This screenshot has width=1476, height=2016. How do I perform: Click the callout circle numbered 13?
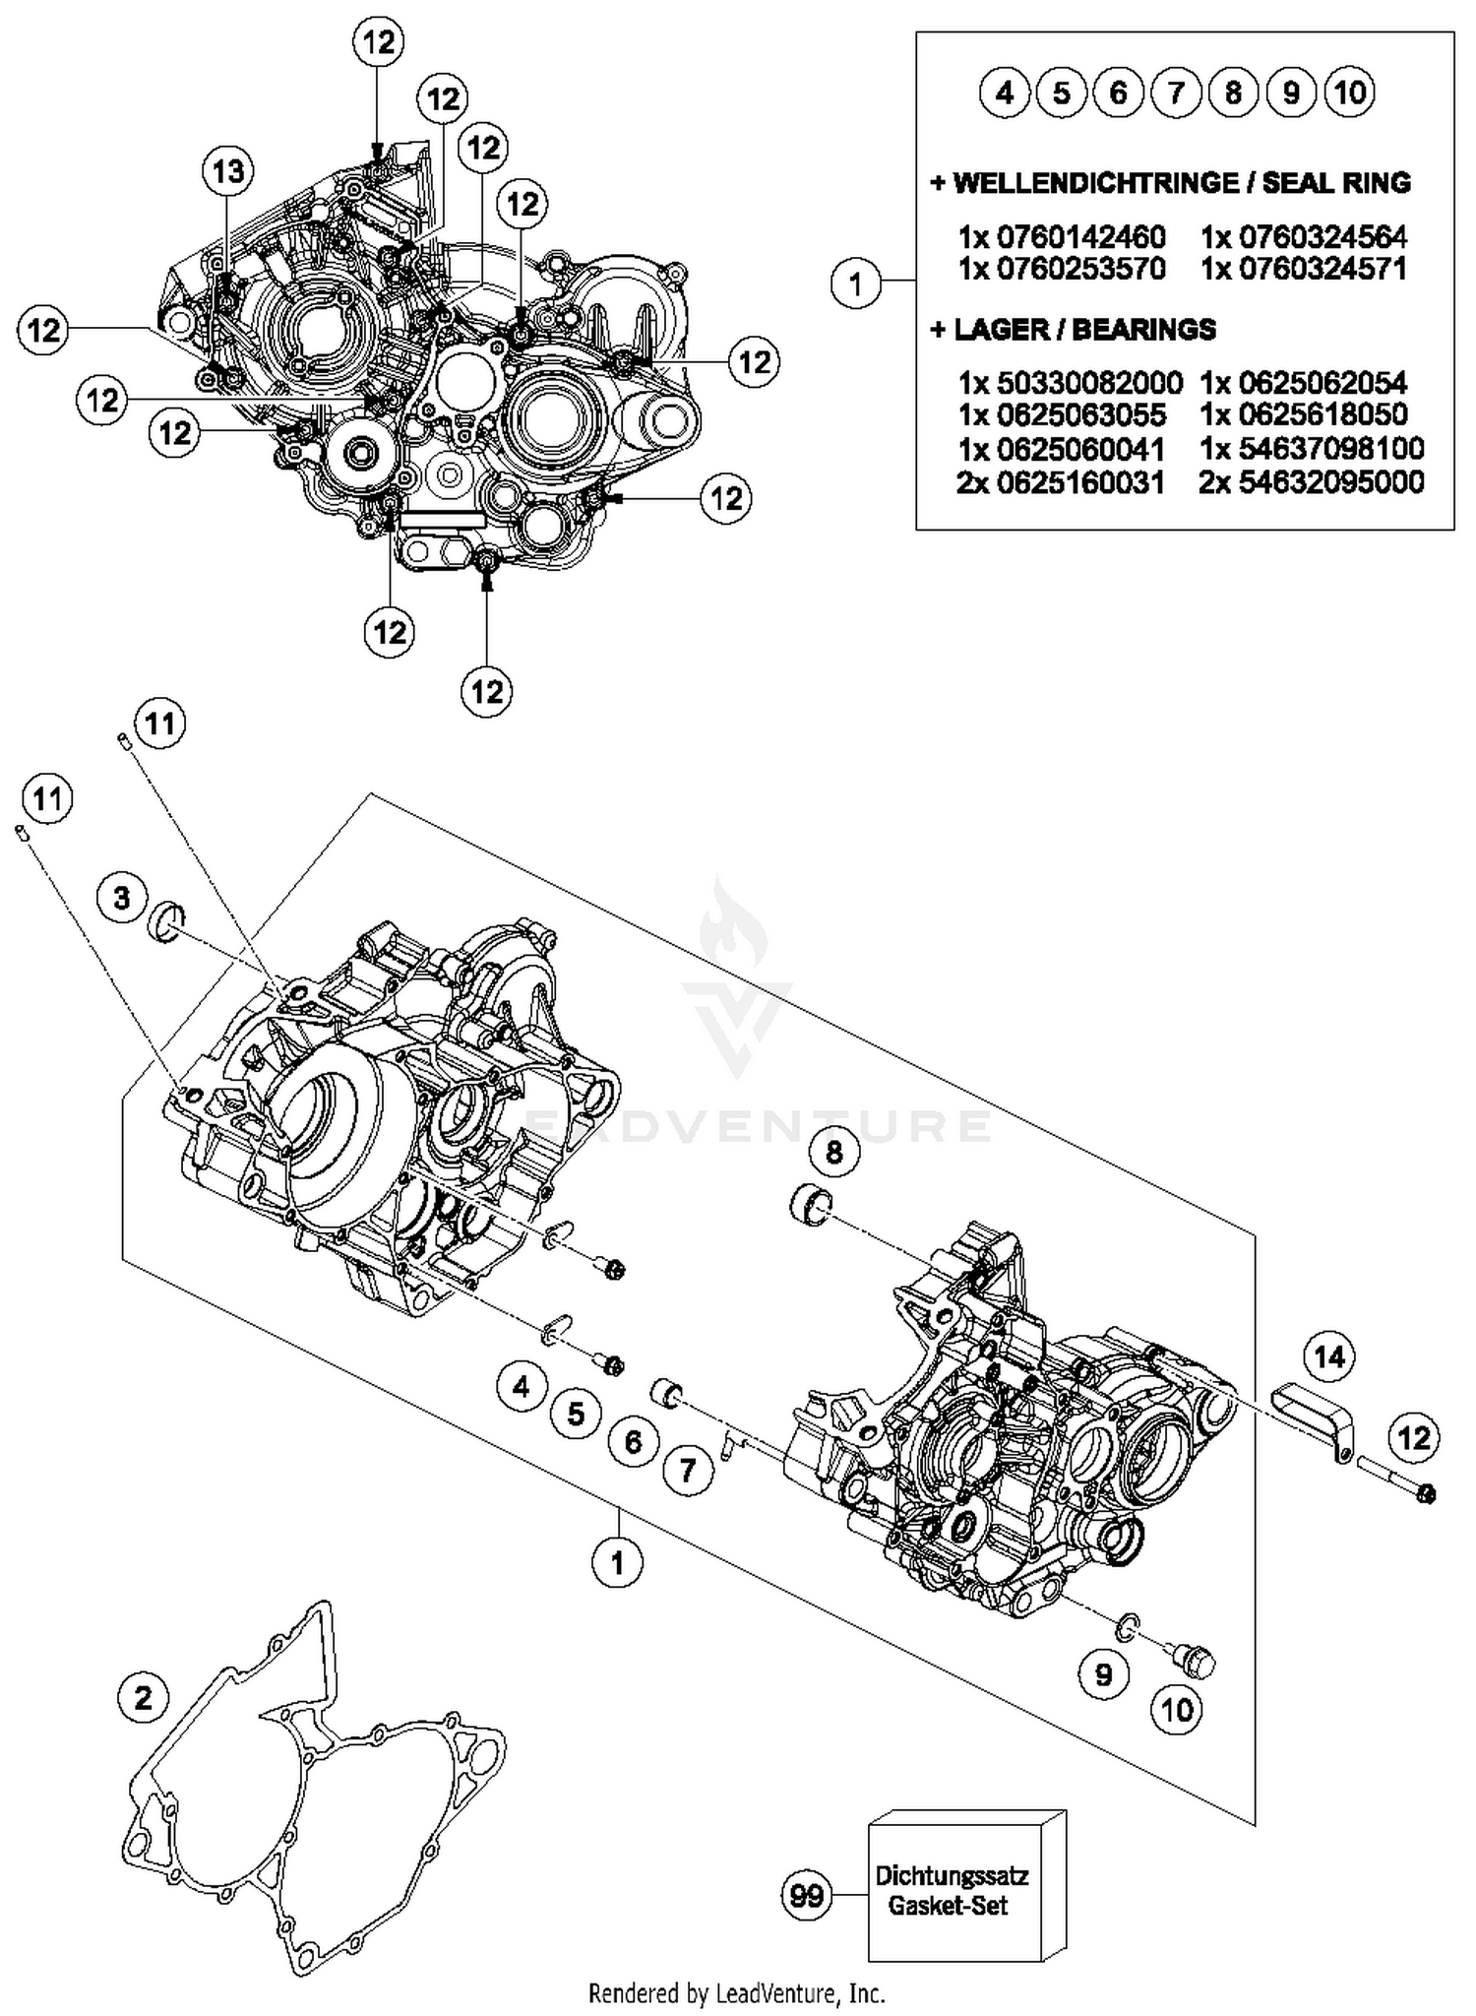pos(228,171)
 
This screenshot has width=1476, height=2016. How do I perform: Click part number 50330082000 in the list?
pos(1070,382)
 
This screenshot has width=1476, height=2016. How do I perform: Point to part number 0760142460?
pos(1062,236)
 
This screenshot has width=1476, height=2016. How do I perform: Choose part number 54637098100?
pos(1312,449)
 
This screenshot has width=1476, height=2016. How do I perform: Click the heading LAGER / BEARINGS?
pos(1073,329)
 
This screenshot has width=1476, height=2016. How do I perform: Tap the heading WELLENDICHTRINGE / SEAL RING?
pos(1170,183)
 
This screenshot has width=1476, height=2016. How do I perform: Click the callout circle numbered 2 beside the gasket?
pos(144,1698)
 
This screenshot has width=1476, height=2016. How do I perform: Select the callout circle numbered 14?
pos(1328,1358)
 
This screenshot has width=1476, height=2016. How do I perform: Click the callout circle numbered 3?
pos(121,898)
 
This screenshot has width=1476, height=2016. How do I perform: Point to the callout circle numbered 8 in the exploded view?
pos(834,1152)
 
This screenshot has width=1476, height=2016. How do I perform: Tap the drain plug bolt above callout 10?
pos(1195,1662)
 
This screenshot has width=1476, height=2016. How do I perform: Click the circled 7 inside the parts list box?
pos(1176,93)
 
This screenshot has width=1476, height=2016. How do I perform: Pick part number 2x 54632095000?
pos(1312,482)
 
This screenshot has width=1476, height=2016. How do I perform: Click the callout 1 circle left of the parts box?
pos(856,283)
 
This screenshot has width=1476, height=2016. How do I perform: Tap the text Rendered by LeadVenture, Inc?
pos(737,1993)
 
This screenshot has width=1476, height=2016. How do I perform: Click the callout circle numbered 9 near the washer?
pos(1103,1674)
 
